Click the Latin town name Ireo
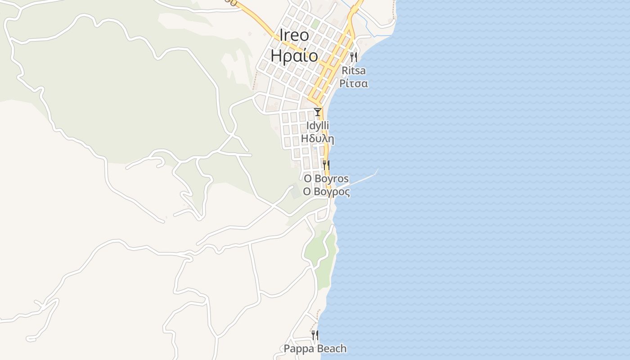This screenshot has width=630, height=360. (x=294, y=36)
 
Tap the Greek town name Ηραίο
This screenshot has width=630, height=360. (x=294, y=56)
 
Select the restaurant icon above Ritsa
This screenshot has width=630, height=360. (x=353, y=57)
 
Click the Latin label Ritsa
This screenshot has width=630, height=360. (x=354, y=71)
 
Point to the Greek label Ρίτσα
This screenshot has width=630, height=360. (x=354, y=83)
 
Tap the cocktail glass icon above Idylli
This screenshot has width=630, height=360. (x=318, y=112)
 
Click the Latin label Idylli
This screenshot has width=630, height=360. (x=318, y=126)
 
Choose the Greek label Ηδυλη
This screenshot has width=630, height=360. (x=318, y=139)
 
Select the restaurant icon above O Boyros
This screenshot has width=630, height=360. (x=326, y=165)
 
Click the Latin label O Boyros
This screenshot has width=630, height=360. (x=326, y=179)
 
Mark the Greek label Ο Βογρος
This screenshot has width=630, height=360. (x=326, y=192)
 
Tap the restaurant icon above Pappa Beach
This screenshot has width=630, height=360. (x=315, y=335)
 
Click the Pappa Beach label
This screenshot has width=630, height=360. (x=315, y=349)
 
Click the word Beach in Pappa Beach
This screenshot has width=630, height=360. (x=332, y=349)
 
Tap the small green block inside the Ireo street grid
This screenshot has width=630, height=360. (x=316, y=23)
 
